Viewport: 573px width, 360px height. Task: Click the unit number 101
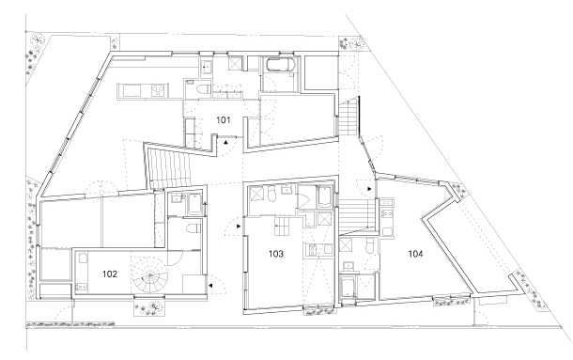click(x=224, y=119)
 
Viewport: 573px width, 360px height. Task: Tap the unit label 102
click(x=110, y=274)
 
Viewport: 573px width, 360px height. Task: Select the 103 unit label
click(x=276, y=253)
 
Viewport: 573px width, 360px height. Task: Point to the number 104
click(x=415, y=253)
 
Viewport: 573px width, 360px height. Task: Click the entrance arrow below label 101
click(x=226, y=142)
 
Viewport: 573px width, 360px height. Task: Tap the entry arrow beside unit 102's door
click(x=210, y=285)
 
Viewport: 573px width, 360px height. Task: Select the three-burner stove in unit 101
click(x=158, y=90)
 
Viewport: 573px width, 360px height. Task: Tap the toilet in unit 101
click(x=203, y=89)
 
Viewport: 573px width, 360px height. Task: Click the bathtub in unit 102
click(x=194, y=205)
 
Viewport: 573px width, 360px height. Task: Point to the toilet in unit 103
click(x=271, y=194)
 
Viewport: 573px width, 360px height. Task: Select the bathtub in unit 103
click(x=324, y=196)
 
